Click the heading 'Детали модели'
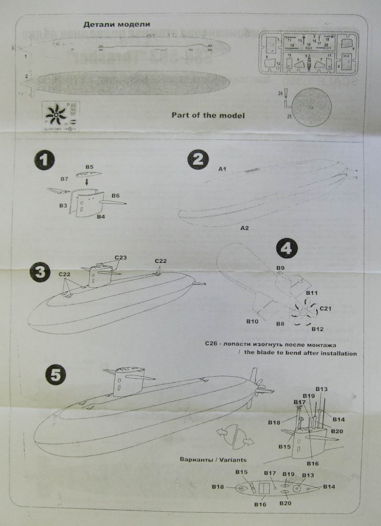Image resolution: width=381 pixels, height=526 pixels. click(116, 24)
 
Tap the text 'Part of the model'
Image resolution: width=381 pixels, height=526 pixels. click(208, 115)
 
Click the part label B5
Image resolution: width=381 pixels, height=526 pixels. click(90, 168)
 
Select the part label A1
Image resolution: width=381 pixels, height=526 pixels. click(222, 170)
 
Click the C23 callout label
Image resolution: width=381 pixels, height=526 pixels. click(120, 258)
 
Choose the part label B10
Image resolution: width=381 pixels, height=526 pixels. click(252, 321)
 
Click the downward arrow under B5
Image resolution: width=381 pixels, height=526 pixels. click(89, 180)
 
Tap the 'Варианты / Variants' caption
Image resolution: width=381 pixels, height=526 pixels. click(213, 460)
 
